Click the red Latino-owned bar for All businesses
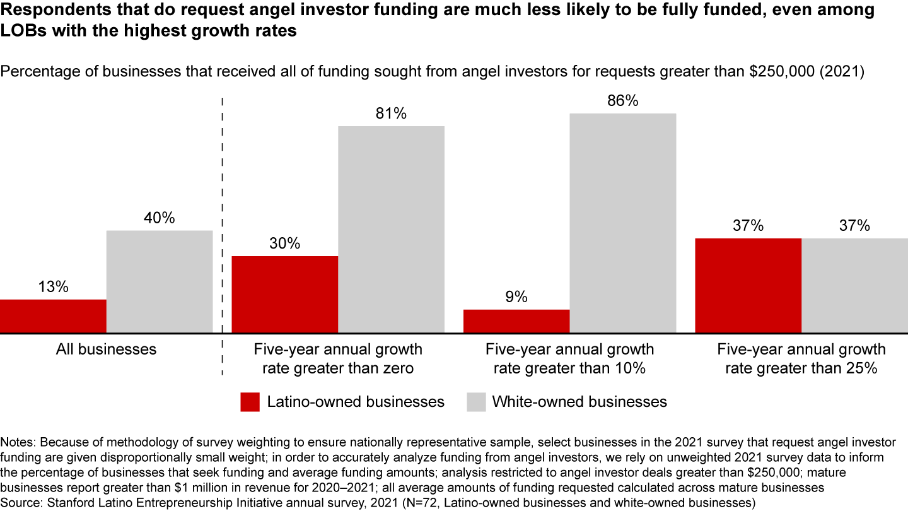point(53,316)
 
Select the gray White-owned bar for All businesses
point(160,281)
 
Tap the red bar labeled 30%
point(285,294)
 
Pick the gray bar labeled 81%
point(391,229)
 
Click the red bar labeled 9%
point(516,321)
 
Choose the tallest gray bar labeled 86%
point(623,223)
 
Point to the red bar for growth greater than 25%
point(748,285)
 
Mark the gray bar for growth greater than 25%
point(854,285)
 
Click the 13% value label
point(53,287)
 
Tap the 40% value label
point(160,218)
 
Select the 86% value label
point(623,101)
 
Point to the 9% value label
point(516,297)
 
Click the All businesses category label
point(106,349)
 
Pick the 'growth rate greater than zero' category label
point(338,359)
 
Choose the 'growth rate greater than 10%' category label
point(569,359)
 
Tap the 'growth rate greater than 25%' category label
point(801,359)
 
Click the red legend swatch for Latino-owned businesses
point(250,402)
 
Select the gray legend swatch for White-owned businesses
point(476,402)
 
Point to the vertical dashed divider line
point(223,237)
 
